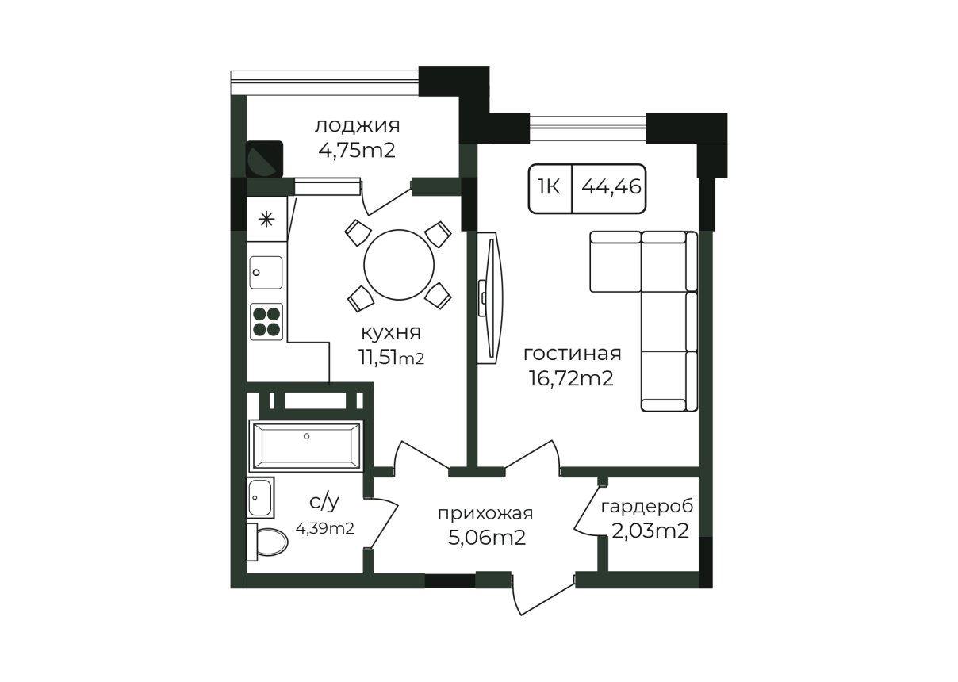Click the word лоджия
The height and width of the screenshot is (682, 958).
tap(358, 127)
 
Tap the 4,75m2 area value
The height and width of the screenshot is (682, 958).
tap(357, 151)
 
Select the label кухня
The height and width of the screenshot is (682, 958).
tap(391, 333)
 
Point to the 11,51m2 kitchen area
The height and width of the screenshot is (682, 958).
tap(391, 358)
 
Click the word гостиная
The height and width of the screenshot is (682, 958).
tap(573, 354)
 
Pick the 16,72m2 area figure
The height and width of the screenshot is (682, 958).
tap(571, 378)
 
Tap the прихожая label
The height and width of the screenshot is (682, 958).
tap(485, 514)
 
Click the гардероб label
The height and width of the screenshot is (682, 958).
tap(647, 507)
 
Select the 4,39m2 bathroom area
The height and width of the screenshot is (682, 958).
tap(325, 529)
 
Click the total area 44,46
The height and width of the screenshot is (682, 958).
tap(611, 187)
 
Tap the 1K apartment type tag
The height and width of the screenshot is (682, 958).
tap(549, 187)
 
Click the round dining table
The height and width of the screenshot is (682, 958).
tap(399, 265)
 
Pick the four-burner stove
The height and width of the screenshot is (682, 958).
tap(266, 321)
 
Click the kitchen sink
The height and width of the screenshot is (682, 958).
tap(266, 273)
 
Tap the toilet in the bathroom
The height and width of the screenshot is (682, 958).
tap(267, 542)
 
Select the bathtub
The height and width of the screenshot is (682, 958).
tap(306, 445)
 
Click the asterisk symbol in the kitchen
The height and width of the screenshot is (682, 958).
tap(267, 220)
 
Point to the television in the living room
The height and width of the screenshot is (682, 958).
tap(490, 298)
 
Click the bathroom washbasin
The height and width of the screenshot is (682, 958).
tap(260, 498)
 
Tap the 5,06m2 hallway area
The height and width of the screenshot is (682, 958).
tap(487, 538)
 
